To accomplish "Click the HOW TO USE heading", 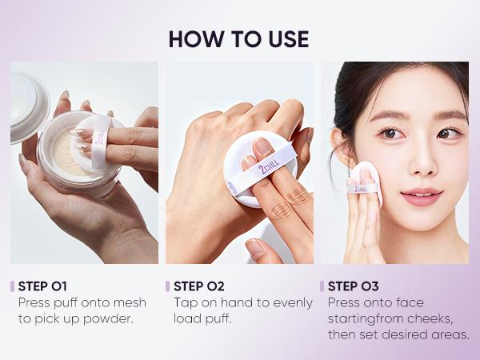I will point(239,39).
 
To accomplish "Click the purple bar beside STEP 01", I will point(12,286).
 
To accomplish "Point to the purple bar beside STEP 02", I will point(167,286).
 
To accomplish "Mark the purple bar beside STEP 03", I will point(322,286).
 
